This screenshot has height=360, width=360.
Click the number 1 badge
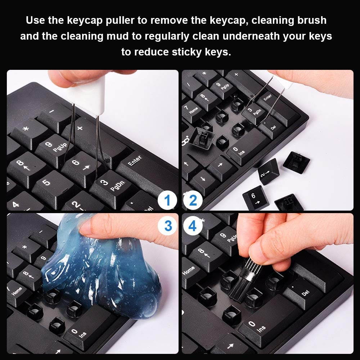167,201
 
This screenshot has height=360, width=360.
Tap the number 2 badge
193,201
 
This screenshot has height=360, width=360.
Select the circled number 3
167,226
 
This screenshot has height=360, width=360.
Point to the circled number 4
193,226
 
